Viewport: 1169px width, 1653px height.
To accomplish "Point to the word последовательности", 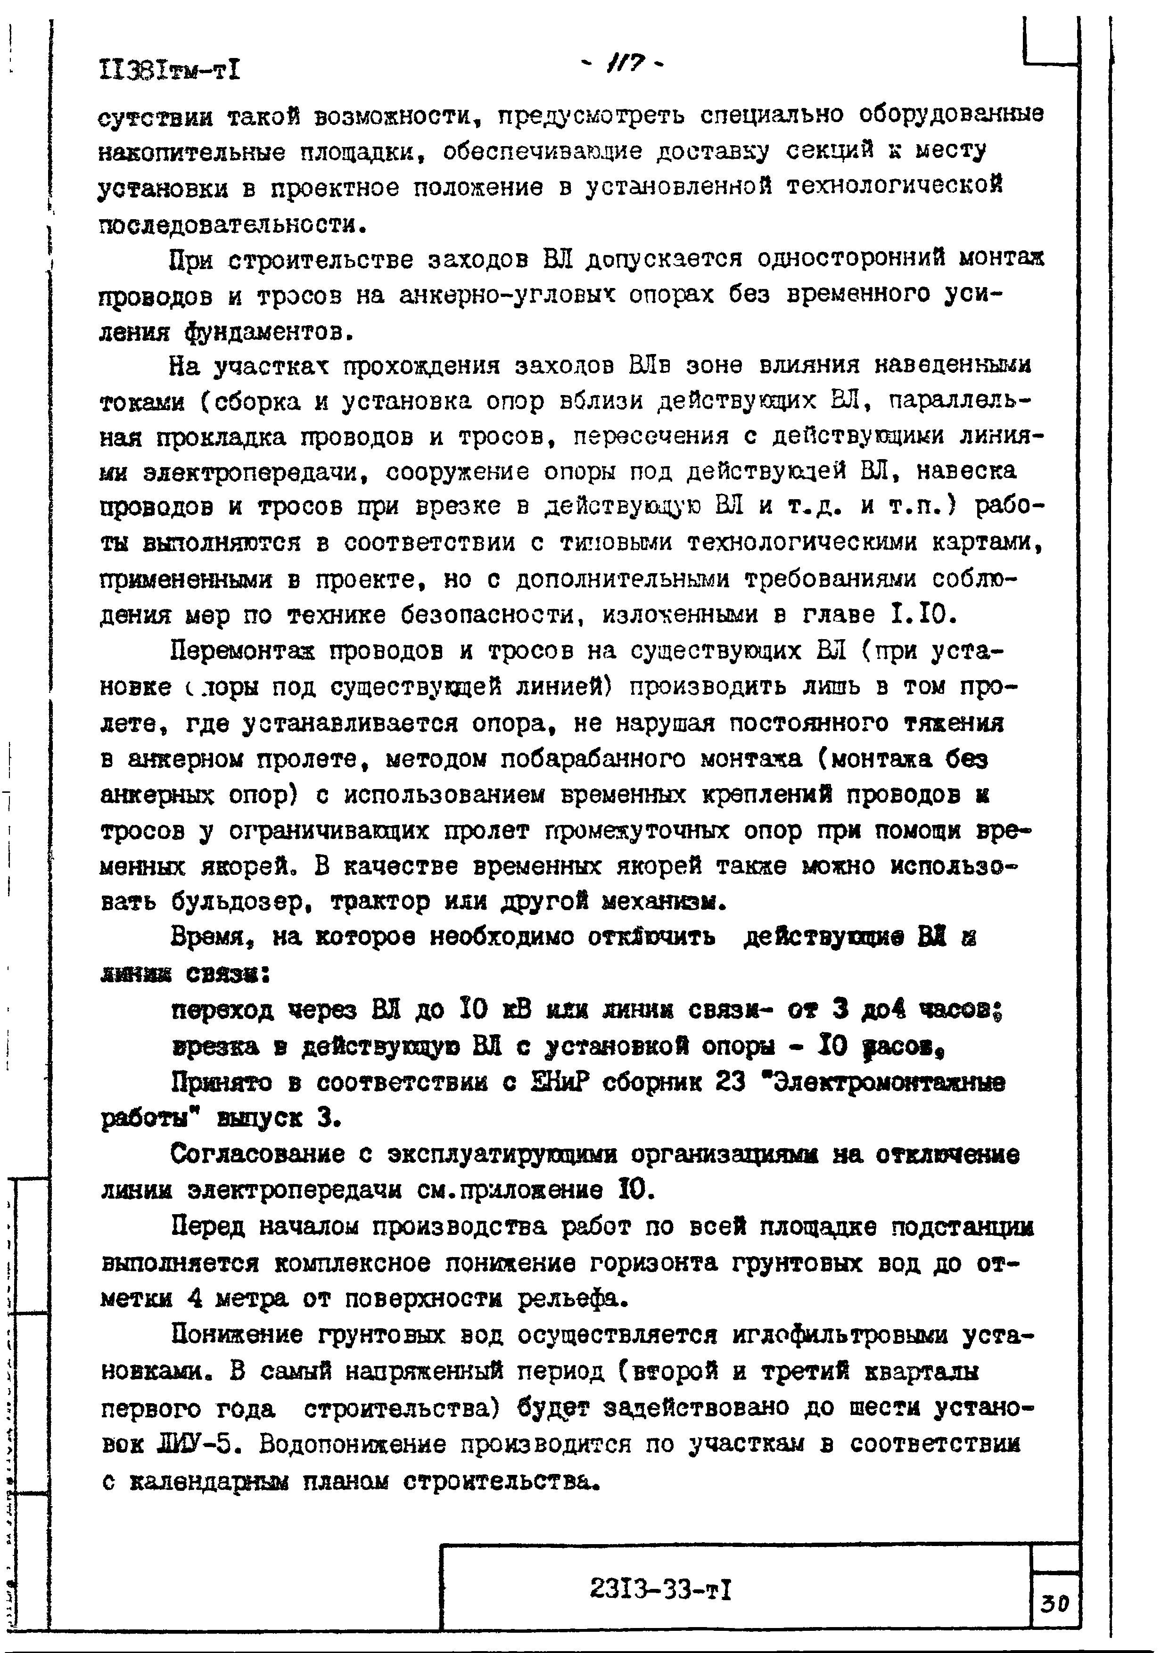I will click(x=230, y=225).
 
